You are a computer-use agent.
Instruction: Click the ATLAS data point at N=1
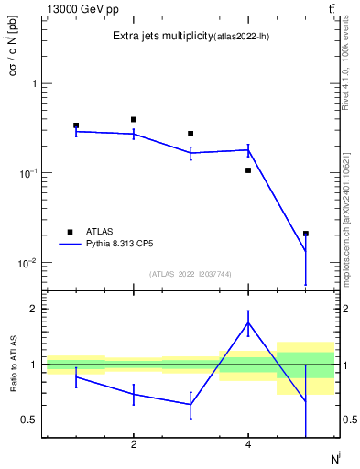pyautogui.click(x=76, y=125)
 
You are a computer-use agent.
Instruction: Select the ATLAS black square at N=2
pyautogui.click(x=134, y=119)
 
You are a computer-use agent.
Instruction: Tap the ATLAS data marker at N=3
pyautogui.click(x=191, y=134)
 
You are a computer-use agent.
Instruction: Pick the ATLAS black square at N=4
pyautogui.click(x=248, y=170)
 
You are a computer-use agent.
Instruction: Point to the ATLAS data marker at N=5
pyautogui.click(x=305, y=234)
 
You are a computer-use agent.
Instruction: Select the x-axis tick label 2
pyautogui.click(x=134, y=445)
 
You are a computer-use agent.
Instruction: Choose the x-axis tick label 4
pyautogui.click(x=248, y=445)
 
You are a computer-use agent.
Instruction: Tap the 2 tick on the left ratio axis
pyautogui.click(x=33, y=309)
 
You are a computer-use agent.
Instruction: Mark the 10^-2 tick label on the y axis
pyautogui.click(x=26, y=263)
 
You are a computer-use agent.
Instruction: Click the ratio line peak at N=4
pyautogui.click(x=248, y=322)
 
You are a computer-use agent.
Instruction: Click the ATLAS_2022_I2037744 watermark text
pyautogui.click(x=191, y=274)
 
